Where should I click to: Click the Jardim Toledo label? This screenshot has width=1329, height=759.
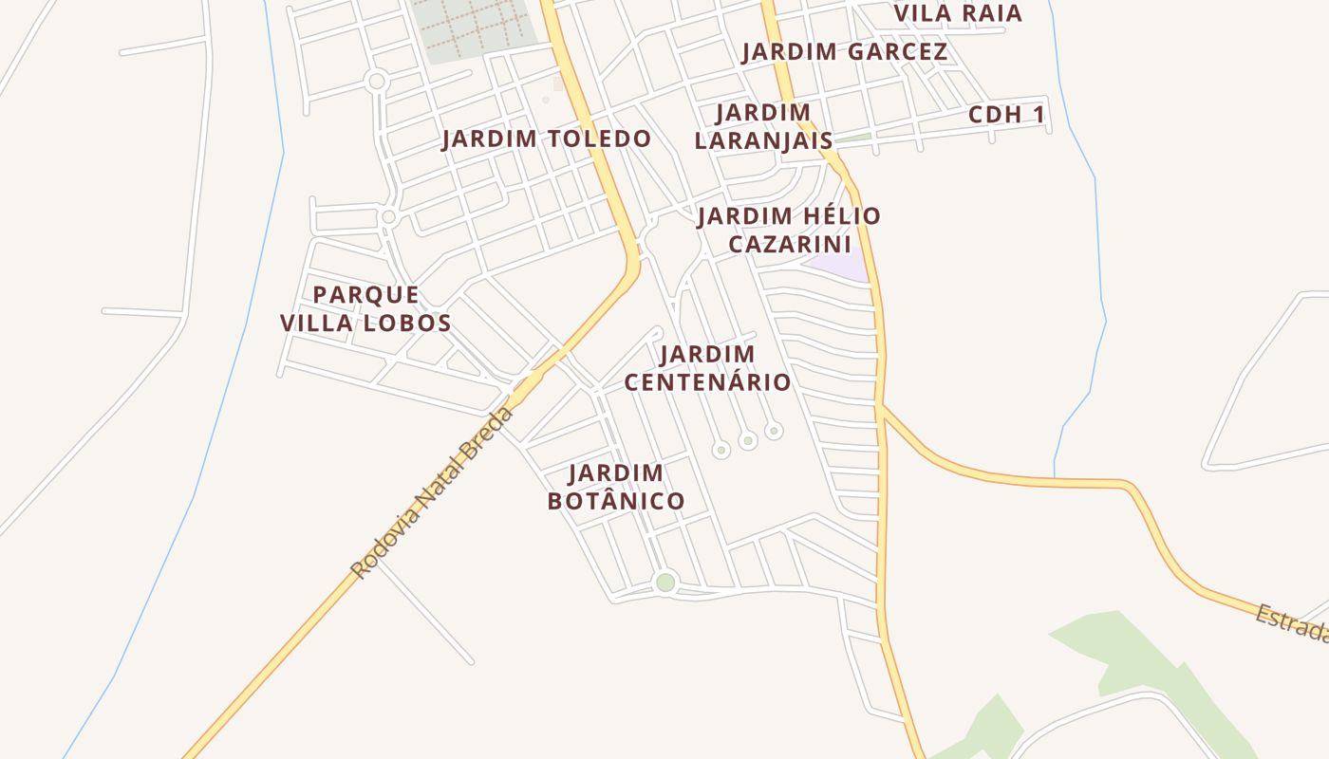(x=547, y=139)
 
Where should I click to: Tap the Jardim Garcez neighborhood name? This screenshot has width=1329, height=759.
(x=844, y=52)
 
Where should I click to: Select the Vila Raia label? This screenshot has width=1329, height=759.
(x=959, y=13)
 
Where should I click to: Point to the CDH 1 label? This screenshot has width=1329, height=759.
(x=1006, y=115)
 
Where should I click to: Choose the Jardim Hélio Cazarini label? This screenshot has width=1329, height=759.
(x=789, y=230)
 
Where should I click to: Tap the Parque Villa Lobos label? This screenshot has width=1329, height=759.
(x=365, y=308)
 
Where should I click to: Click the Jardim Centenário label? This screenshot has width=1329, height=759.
(x=707, y=368)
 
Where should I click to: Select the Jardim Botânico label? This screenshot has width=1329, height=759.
(x=616, y=487)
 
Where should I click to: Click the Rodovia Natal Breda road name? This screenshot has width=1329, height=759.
(x=432, y=493)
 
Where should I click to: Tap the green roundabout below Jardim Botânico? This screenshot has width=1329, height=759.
(x=665, y=583)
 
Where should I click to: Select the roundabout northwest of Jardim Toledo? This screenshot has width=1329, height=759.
(x=377, y=82)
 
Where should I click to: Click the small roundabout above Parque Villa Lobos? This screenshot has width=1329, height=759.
(x=388, y=217)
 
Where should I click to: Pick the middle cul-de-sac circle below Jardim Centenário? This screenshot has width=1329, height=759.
(x=748, y=440)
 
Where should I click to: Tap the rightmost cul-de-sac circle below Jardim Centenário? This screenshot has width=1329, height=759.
(x=774, y=431)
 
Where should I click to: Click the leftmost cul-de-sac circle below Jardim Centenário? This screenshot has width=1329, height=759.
(x=721, y=450)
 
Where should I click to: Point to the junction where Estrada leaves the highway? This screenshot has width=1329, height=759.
(x=883, y=408)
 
